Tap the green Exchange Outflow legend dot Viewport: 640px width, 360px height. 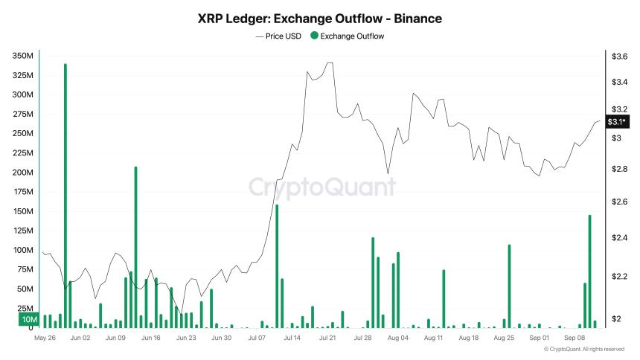point(313,36)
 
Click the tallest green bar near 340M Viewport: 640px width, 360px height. point(65,193)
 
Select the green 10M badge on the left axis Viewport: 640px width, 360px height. point(28,320)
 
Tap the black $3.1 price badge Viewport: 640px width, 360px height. point(617,121)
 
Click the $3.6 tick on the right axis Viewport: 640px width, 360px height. point(619,57)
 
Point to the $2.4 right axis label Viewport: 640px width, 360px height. point(619,238)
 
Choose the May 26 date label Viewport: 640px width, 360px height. point(45,338)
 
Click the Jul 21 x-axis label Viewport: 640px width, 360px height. point(327,338)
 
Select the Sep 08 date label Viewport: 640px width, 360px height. point(575,338)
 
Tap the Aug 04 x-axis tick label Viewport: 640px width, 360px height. point(398,338)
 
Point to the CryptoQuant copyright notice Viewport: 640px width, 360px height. point(583,349)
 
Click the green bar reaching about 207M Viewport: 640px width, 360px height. point(135,245)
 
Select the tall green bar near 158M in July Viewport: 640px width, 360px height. point(277,266)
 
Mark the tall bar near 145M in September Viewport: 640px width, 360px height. point(589,271)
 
